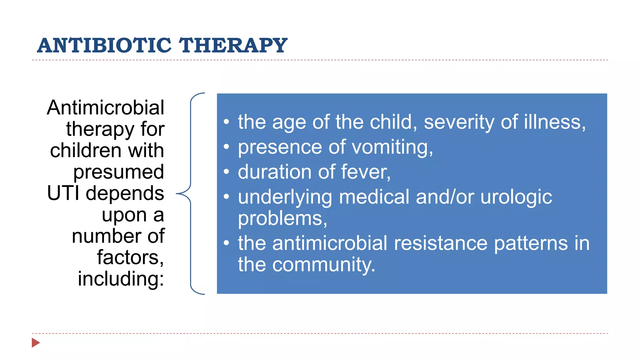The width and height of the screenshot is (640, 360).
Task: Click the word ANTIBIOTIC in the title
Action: point(104,46)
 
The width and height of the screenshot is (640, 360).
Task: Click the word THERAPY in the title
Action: point(233,46)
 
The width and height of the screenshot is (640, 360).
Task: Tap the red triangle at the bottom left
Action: point(36,342)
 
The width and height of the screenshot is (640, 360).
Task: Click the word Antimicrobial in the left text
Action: point(106,108)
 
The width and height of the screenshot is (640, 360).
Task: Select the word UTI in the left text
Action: point(63,193)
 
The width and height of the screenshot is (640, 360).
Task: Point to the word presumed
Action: point(118,172)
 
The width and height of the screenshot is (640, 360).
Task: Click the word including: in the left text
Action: point(121,279)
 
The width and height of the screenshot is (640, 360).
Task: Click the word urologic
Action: point(516,197)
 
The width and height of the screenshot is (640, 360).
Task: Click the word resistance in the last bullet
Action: point(440,243)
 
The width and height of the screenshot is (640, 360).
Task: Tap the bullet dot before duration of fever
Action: point(227,172)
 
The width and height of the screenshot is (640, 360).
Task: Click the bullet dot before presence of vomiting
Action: point(227,147)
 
